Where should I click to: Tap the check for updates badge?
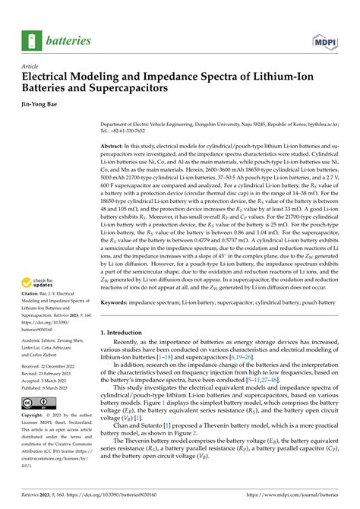point(37,283)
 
